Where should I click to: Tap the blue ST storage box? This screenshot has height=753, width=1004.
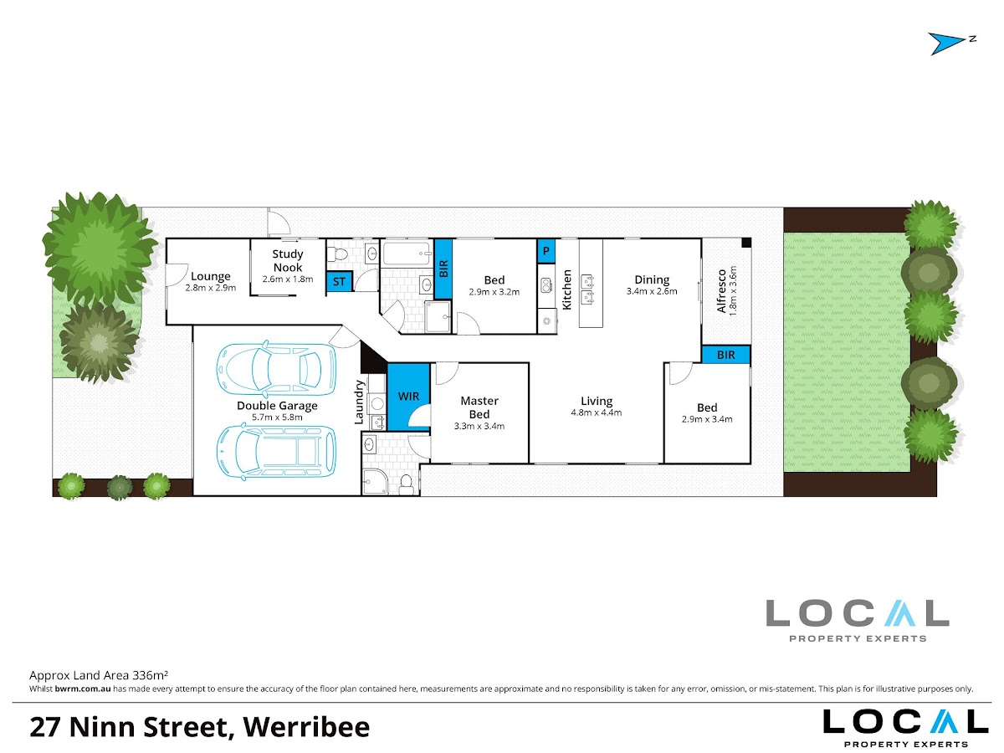339,281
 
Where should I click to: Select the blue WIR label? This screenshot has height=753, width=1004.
408,397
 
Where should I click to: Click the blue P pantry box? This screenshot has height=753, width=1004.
546,251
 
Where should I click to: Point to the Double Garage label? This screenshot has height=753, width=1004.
277,406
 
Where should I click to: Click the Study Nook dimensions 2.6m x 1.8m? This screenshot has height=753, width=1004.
288,279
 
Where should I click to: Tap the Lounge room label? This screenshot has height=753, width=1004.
210,276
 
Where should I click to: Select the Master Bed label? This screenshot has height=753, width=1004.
479,407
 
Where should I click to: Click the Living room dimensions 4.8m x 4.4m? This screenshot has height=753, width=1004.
597,412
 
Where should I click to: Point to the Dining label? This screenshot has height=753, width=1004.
652,279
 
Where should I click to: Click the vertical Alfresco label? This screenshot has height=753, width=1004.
721,291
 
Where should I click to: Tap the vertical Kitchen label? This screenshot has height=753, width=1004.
566,289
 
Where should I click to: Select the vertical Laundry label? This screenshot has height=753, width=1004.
359,402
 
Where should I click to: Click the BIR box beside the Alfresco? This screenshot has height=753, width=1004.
726,354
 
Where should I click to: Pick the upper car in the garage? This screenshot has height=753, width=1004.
276,368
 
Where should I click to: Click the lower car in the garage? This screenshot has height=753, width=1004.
276,452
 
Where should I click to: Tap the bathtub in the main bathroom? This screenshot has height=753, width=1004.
407,254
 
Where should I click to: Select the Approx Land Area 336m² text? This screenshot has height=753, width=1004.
99,675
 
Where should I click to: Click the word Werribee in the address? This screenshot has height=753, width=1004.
306,727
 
